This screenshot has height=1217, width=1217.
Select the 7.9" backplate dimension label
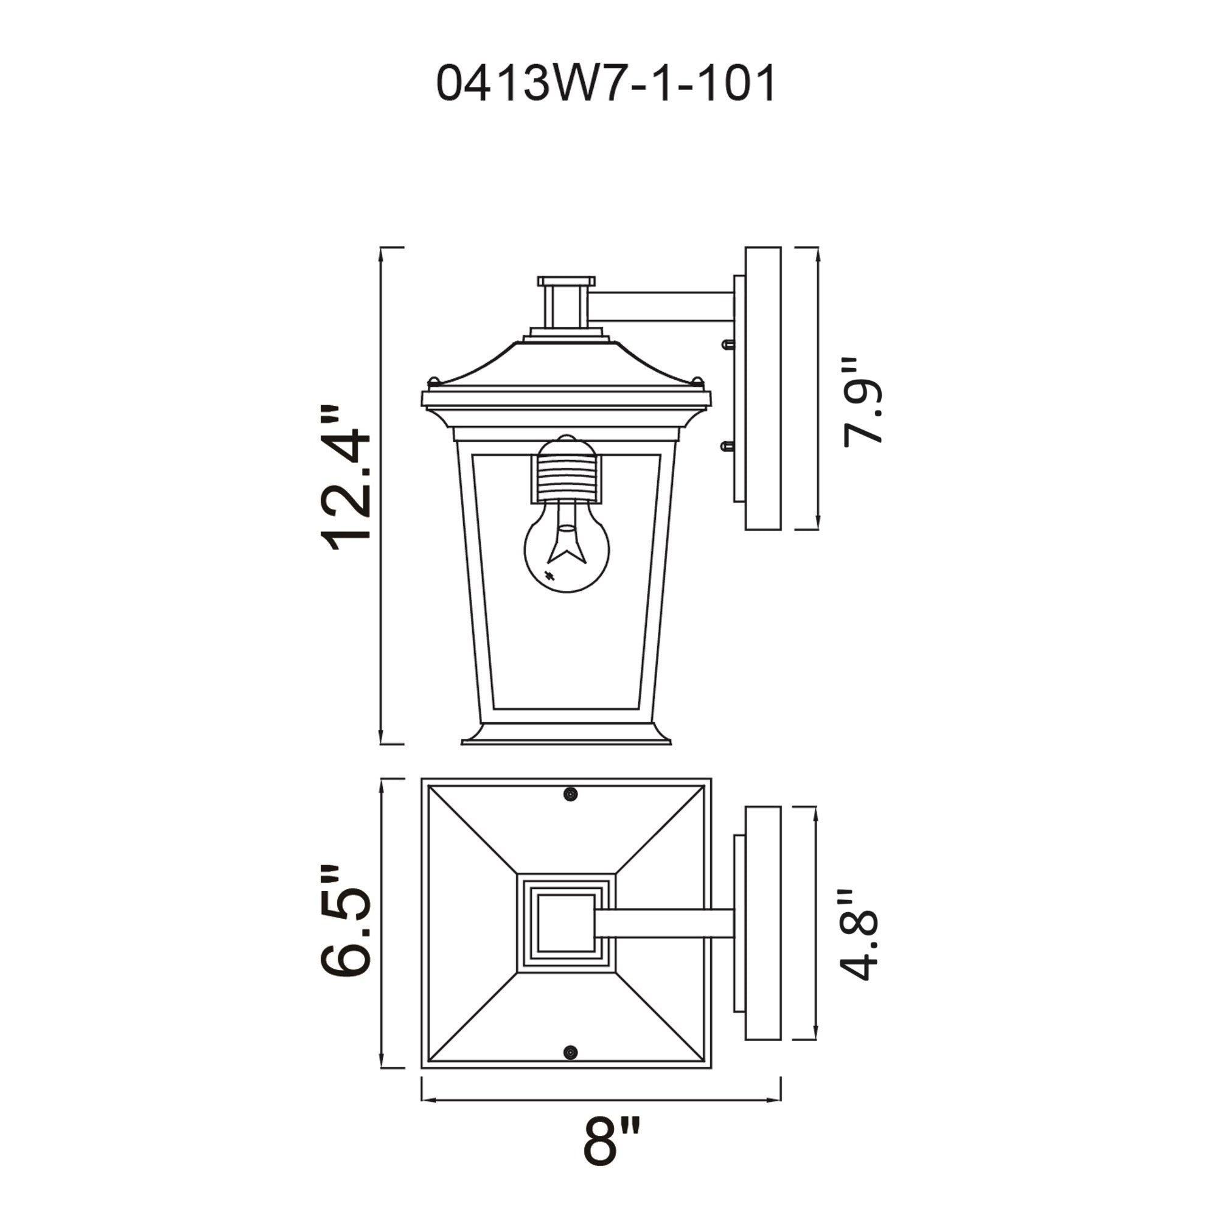[863, 403]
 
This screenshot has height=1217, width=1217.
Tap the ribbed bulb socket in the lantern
[567, 479]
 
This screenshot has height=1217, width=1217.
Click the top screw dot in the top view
[570, 794]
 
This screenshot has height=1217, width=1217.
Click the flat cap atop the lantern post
[567, 281]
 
